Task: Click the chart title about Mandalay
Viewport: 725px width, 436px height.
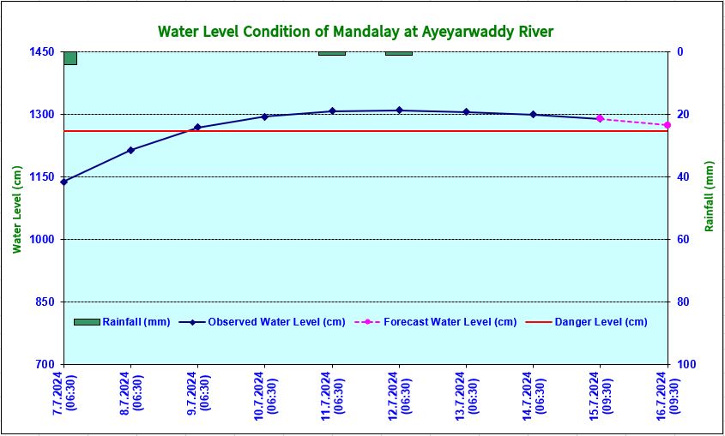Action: coord(355,32)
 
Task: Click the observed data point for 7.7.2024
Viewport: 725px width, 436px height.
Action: coord(64,182)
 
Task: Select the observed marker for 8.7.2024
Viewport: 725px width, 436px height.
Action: coord(130,150)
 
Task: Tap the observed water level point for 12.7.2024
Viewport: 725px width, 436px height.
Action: coord(399,110)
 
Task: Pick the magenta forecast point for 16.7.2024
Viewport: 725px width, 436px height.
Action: coord(667,125)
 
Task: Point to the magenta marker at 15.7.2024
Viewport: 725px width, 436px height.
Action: coord(600,118)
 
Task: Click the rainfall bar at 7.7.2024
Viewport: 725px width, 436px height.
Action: coord(70,57)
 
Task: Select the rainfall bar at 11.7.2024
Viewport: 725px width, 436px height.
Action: coord(332,53)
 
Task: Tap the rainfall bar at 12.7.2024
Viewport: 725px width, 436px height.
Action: coord(399,53)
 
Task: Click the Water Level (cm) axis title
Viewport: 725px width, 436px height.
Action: coord(17,208)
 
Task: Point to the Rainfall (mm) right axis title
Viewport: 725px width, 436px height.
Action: coord(710,196)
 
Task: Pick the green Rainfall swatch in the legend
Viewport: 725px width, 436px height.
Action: coord(87,322)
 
